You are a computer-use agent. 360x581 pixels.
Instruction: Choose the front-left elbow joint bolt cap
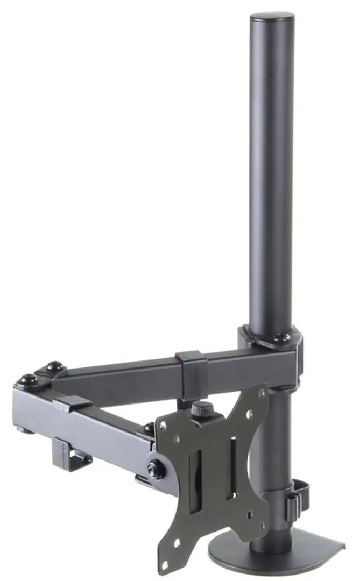click(x=26, y=380)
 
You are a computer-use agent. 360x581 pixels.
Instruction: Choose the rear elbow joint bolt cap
click(x=54, y=367)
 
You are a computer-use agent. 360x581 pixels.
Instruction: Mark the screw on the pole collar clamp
click(x=280, y=338)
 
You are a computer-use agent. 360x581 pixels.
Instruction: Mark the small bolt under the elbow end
click(x=21, y=429)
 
